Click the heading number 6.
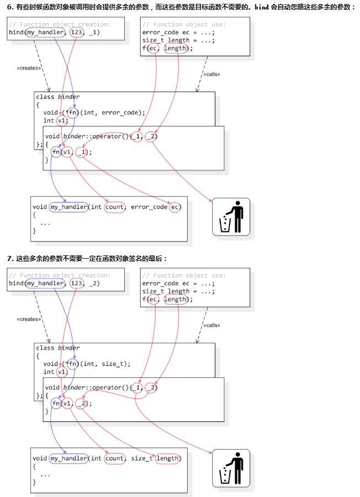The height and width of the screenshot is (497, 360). [x=9, y=7]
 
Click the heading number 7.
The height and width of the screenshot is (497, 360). [x=9, y=258]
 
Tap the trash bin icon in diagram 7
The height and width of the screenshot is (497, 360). [x=231, y=468]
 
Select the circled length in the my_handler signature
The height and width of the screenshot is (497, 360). [x=168, y=458]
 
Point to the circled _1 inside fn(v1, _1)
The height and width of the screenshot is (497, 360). [x=82, y=152]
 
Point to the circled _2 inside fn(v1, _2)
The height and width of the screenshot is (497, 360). [x=82, y=404]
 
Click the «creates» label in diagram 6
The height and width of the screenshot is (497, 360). [x=29, y=68]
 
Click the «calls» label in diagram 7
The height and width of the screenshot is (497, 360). [x=211, y=325]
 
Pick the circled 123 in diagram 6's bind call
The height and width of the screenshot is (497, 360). [x=76, y=32]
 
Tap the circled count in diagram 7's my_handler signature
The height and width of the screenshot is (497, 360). [x=114, y=458]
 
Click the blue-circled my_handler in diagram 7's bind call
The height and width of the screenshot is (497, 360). [x=45, y=284]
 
